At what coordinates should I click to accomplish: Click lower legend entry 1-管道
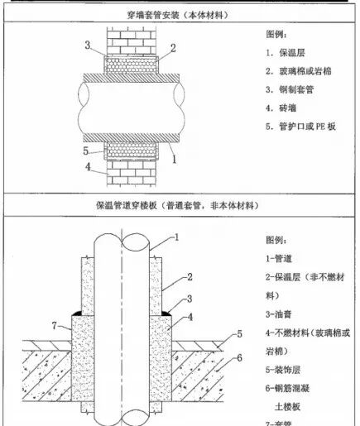283,259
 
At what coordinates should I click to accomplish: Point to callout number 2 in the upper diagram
173,48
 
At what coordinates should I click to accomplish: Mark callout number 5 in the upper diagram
85,151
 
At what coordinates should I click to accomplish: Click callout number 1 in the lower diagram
176,237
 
